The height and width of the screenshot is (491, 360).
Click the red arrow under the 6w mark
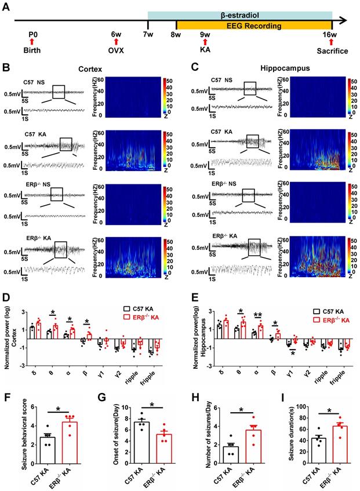coord(116,41)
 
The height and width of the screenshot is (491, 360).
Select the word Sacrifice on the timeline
coord(331,50)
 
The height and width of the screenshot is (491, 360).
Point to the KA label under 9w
coord(205,50)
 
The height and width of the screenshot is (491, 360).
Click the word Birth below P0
coord(32,50)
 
